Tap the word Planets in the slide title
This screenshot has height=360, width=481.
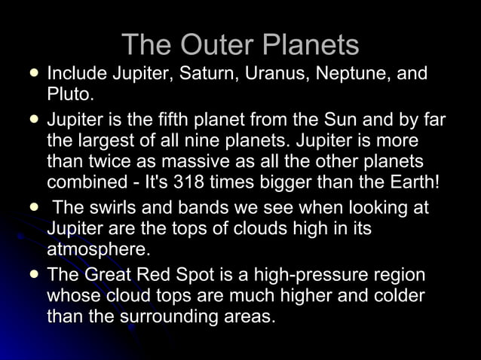click(x=311, y=45)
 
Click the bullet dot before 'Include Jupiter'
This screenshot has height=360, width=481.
click(x=33, y=75)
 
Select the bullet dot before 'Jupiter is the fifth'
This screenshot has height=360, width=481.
click(x=33, y=119)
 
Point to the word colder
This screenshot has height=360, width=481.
click(x=394, y=296)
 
